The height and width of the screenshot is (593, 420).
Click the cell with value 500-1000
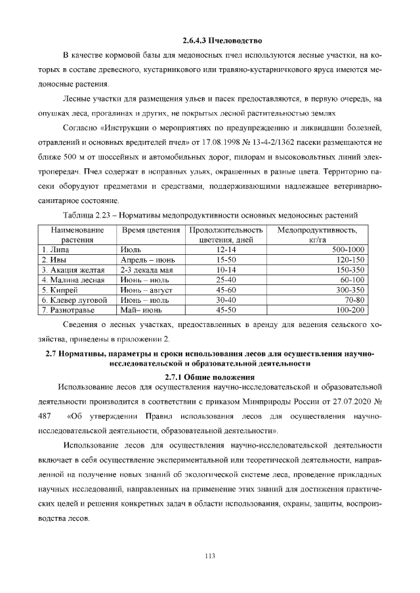tap(347, 250)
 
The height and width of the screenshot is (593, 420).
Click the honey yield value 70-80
tap(355, 299)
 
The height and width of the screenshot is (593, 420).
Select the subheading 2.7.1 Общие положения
tap(209, 377)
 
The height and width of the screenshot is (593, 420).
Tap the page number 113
tap(210, 556)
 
